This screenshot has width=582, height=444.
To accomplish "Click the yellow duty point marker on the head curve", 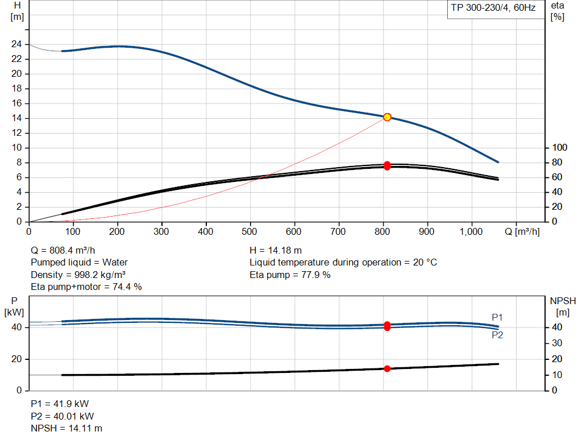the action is point(387,117).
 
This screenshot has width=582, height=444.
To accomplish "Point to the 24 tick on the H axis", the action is point(16,44).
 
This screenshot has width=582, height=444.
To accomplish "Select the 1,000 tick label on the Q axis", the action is point(471,232).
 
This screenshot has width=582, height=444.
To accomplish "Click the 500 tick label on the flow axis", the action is point(250,232).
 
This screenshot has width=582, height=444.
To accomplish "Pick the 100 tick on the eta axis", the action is point(560,148).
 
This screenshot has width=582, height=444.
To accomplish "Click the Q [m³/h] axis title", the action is point(522,232).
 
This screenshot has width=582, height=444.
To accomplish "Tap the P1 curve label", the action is point(497,317).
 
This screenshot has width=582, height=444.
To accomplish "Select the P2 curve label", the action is point(497,335).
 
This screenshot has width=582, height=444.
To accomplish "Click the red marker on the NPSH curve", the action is point(387,368).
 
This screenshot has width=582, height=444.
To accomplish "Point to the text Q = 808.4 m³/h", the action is point(63,251).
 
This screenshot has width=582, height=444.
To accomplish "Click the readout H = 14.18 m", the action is point(276,251).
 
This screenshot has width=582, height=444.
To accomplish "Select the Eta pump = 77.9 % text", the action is point(290,275).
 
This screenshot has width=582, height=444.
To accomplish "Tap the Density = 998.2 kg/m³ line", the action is point(78,275).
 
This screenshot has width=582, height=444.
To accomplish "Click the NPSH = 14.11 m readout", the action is point(66,429).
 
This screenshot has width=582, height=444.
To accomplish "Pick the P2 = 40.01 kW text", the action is point(63,417).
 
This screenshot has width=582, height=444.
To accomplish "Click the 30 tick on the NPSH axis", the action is point(557,343).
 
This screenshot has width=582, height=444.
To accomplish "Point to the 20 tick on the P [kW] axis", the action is point(16,359).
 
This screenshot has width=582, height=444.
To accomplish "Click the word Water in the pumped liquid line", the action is point(115,263).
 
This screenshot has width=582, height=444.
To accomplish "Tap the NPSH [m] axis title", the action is point(563,306).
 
